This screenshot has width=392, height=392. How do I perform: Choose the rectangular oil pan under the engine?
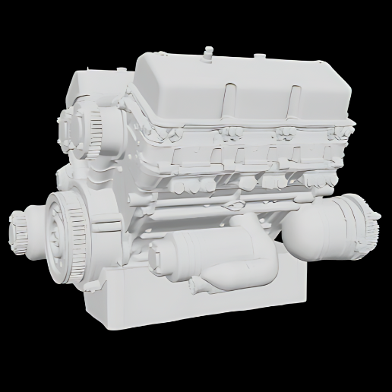(190, 304)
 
